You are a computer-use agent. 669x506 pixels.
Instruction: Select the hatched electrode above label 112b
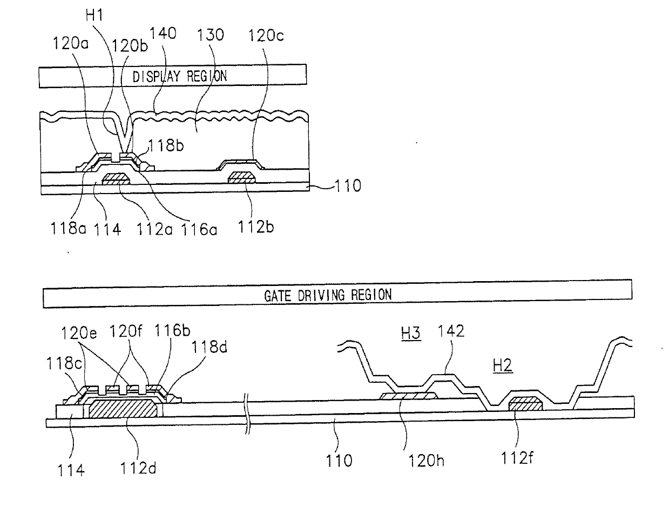coord(241,177)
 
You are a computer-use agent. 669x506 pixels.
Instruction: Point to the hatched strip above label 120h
coord(408,396)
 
